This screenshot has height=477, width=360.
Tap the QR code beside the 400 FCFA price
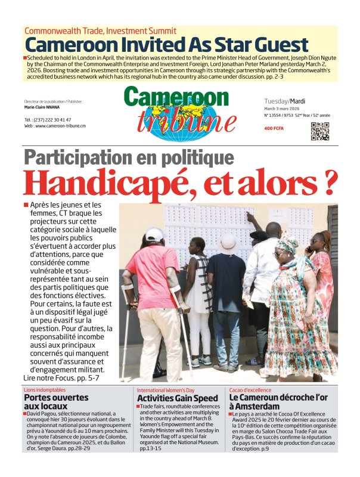click(320, 131)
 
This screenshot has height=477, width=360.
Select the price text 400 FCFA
click(275, 128)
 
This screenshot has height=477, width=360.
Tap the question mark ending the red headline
click(327, 183)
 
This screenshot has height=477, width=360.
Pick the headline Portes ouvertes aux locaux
click(56, 401)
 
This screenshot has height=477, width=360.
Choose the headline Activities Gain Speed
click(178, 398)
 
